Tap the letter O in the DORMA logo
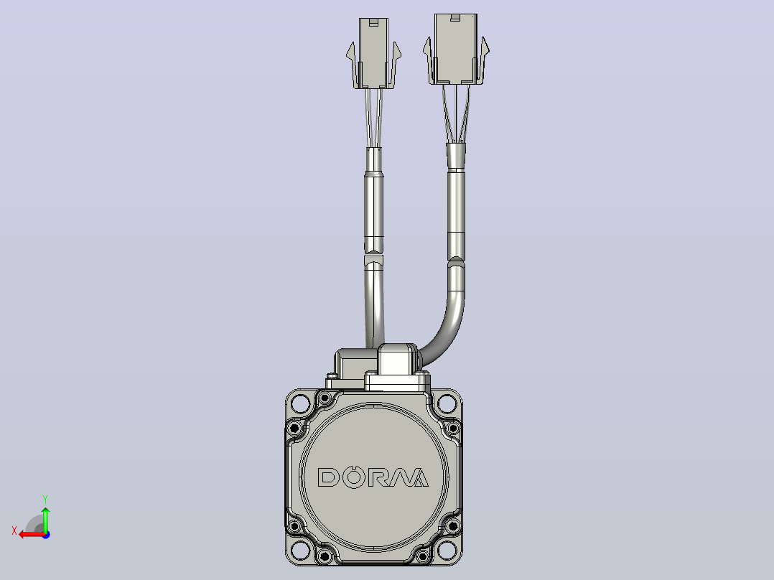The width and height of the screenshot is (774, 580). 353,477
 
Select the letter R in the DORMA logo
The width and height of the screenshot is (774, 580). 378,477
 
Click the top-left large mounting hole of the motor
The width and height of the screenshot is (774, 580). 300,404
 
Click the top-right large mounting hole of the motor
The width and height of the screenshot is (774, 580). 447,404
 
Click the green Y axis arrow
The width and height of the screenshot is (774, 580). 45,520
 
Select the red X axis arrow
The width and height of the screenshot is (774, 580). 32,534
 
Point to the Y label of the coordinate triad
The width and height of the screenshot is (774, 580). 45,499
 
